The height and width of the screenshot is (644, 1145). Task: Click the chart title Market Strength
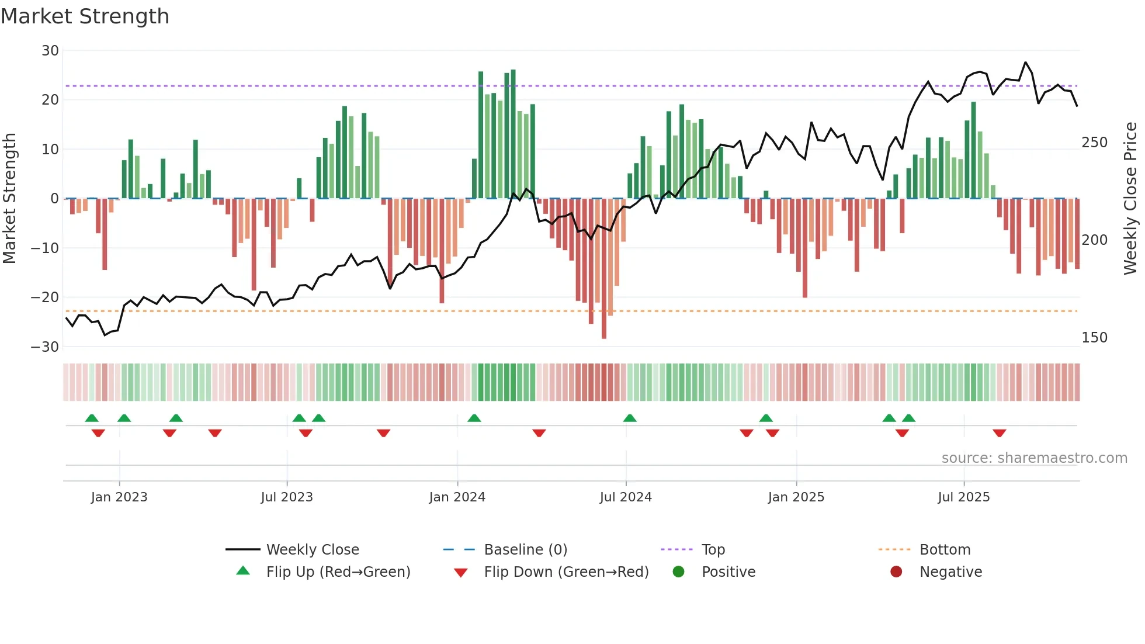[x=85, y=16]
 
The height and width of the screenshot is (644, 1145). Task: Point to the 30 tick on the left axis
[x=50, y=51]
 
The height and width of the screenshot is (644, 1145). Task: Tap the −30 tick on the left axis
[x=46, y=347]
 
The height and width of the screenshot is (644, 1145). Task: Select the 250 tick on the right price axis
[x=1094, y=143]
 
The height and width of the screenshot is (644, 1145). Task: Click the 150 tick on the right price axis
[x=1094, y=338]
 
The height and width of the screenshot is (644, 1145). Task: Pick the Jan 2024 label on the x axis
[x=457, y=497]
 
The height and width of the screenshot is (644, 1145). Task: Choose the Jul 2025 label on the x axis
[x=963, y=497]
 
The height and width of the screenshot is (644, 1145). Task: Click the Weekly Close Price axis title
[x=1130, y=199]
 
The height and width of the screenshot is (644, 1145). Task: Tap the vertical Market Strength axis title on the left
[x=10, y=199]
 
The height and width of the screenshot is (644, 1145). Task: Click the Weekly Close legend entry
[x=312, y=550]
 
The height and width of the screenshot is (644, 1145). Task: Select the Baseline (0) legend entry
[x=525, y=550]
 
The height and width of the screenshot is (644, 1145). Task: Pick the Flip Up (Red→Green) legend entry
[x=338, y=572]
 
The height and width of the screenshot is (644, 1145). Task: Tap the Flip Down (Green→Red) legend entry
[x=565, y=572]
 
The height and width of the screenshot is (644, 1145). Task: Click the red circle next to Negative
[x=896, y=572]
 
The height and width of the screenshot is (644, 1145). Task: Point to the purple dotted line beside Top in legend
[x=676, y=550]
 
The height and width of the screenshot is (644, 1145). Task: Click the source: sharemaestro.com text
[x=1034, y=458]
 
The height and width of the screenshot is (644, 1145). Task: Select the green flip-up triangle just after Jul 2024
[x=629, y=418]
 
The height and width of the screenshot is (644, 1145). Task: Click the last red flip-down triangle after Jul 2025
[x=999, y=433]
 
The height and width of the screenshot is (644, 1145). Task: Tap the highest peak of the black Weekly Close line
[x=1025, y=63]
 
